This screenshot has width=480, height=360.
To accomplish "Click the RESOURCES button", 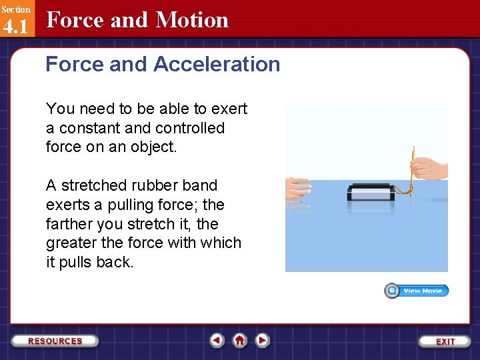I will tap(55, 341).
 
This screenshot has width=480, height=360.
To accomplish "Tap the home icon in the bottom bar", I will tap(239, 340).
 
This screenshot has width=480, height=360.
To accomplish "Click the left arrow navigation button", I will tap(217, 340).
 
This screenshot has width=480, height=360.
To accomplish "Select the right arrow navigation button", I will tap(263, 340).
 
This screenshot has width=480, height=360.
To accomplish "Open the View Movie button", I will tap(417, 291).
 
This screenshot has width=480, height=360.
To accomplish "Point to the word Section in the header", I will tap(15, 9).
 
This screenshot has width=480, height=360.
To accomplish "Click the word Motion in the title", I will tap(192, 20).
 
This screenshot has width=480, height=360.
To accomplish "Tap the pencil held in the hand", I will tap(413, 167).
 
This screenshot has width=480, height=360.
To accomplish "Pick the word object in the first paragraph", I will tap(153, 147).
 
